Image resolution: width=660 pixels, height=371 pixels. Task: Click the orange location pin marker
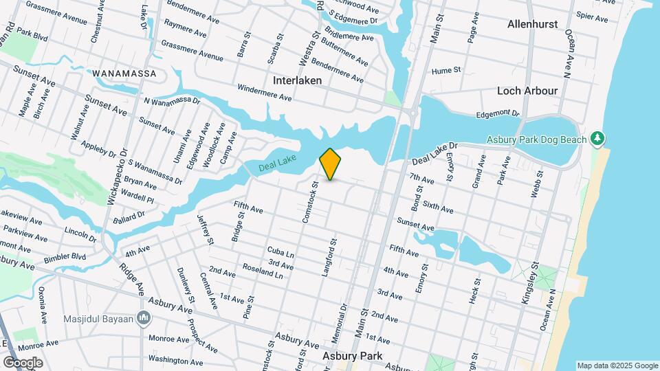330,164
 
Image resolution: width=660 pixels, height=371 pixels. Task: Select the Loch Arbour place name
527,91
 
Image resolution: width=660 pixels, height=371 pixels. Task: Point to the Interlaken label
297,80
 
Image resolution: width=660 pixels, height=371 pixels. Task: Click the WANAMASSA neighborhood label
124,74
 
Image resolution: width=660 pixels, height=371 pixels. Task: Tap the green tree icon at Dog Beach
599,139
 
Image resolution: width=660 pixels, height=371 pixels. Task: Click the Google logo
23,362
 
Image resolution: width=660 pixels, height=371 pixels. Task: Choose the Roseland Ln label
263,271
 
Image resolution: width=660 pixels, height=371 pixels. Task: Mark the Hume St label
445,71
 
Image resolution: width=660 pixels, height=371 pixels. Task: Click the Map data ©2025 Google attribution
617,366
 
